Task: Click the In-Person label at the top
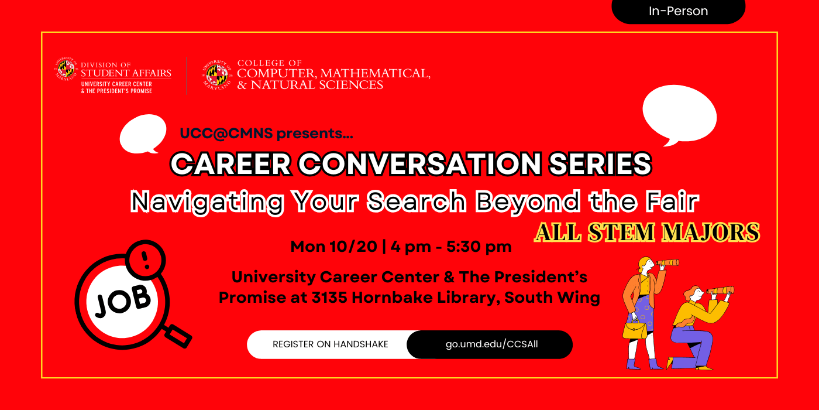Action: pos(678,11)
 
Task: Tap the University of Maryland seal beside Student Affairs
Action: pos(66,69)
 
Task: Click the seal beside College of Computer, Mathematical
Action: pos(217,75)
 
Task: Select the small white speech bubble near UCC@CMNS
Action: pos(143,134)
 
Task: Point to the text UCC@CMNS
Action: pos(226,134)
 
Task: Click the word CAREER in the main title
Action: pos(230,163)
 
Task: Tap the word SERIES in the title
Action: pos(600,163)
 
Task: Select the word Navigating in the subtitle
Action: pos(207,201)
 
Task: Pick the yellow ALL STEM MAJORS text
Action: pos(647,232)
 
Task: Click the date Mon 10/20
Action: pos(334,247)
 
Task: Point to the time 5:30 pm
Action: pos(479,247)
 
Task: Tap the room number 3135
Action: pos(329,298)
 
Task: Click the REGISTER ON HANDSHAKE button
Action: pos(331,344)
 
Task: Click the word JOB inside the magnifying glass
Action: pos(123,301)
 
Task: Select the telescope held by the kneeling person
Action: pos(720,291)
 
